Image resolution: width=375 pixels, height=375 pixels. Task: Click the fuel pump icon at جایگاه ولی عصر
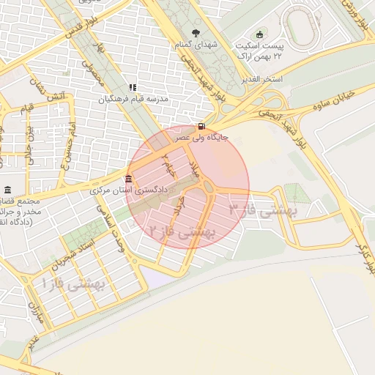201,125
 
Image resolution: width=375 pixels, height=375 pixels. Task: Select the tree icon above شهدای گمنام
196,33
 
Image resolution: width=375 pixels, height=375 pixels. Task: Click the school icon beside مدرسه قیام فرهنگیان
133,87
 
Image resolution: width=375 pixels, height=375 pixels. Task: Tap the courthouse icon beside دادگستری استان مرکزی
129,180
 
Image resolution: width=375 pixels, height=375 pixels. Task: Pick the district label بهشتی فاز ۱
74,281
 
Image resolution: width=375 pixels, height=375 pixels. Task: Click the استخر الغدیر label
266,78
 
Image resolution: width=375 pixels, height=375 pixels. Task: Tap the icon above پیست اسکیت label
259,34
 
